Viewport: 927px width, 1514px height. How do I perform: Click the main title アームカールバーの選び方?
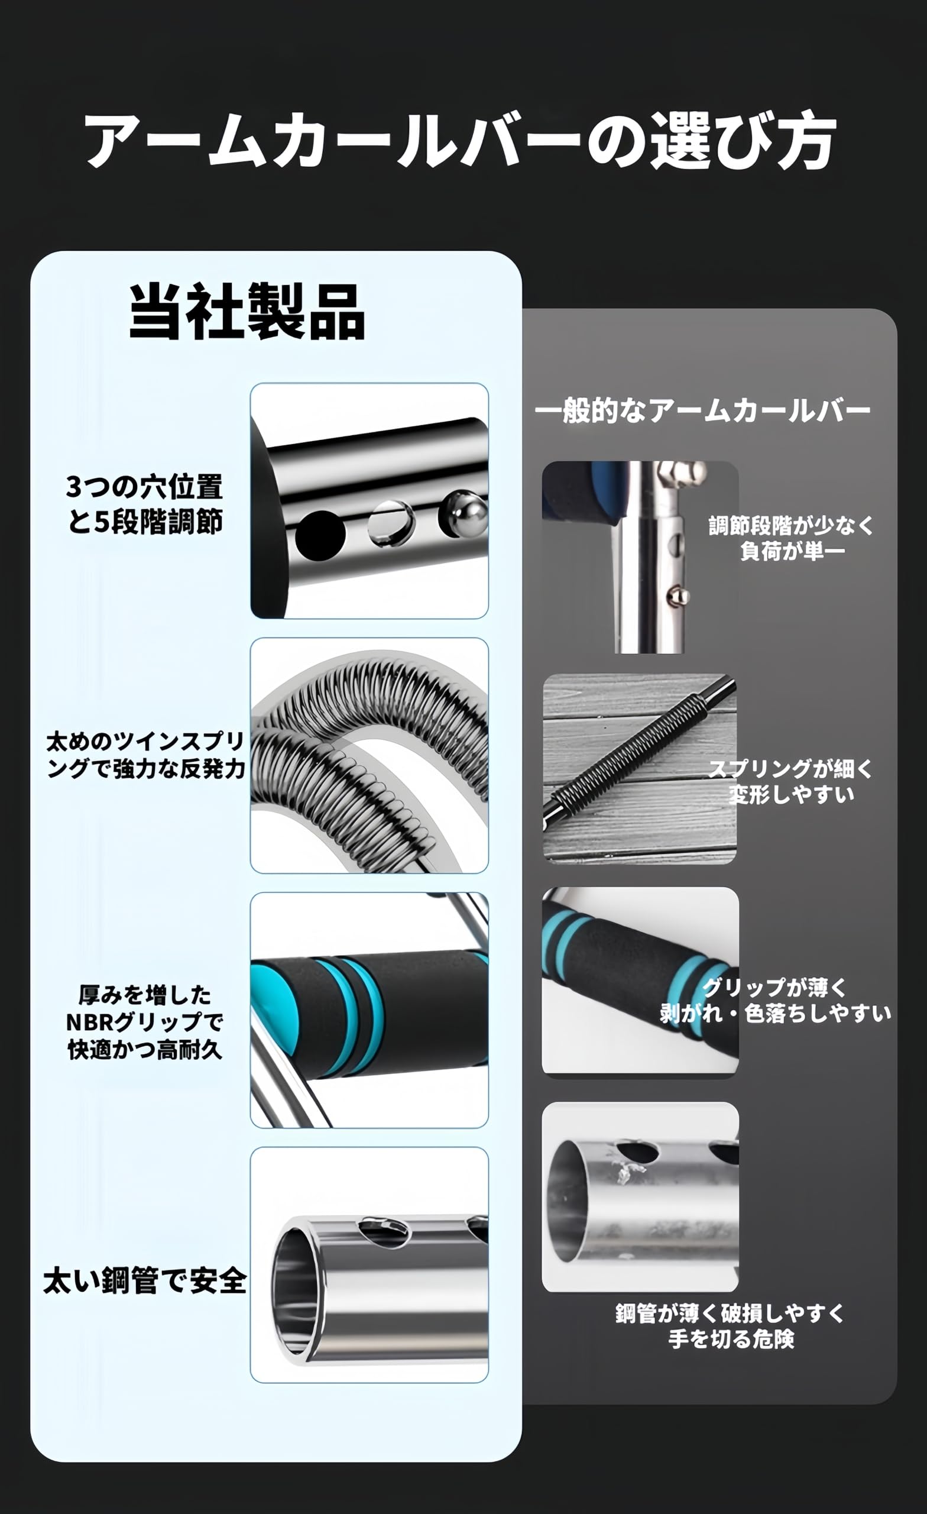pos(461,140)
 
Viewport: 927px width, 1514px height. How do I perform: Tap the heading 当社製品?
pos(247,312)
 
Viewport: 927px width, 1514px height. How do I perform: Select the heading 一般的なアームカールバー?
pos(702,410)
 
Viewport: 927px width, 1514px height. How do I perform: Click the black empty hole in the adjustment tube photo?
pos(319,535)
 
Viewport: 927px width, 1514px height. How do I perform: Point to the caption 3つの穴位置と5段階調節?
pos(145,504)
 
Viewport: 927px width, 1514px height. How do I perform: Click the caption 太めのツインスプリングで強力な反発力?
pos(146,755)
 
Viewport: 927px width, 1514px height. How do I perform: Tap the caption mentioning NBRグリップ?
pos(145,1022)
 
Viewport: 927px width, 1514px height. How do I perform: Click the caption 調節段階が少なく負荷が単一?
pos(791,538)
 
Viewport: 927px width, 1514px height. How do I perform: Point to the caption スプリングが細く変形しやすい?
pos(791,782)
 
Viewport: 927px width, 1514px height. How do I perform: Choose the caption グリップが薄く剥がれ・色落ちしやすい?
pos(775,1000)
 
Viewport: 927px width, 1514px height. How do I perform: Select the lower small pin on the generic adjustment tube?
pos(678,594)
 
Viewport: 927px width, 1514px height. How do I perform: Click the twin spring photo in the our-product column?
pos(369,755)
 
